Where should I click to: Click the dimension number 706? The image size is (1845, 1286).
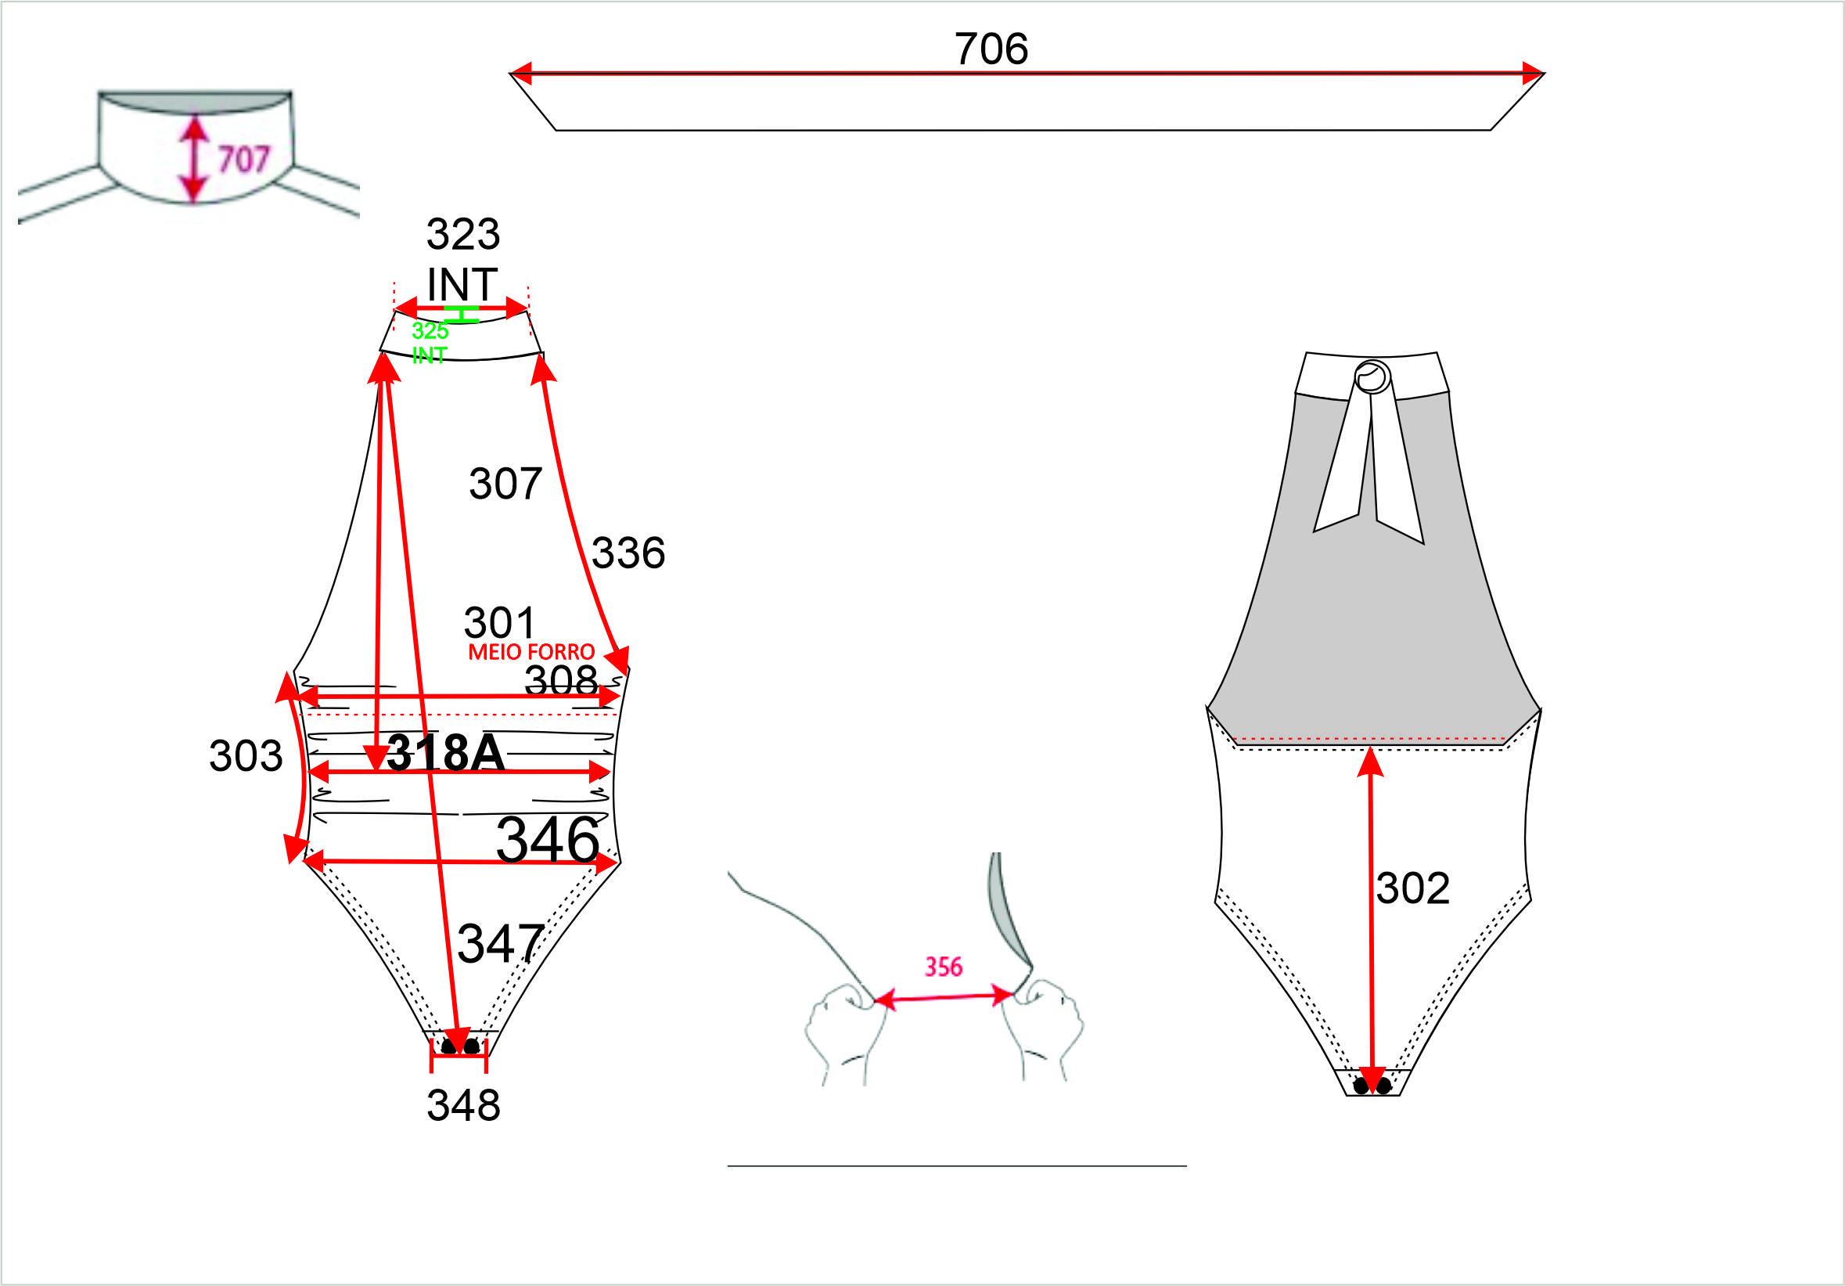[x=991, y=49]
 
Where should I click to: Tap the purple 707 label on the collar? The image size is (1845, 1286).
[x=244, y=159]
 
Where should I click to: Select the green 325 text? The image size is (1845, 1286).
[x=430, y=330]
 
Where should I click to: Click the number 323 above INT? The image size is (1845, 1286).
[x=463, y=235]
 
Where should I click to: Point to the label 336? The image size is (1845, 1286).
[x=628, y=553]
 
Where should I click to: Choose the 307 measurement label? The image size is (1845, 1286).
[x=505, y=484]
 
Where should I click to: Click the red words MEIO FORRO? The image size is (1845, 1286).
[x=531, y=652]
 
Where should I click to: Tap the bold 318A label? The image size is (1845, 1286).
[x=446, y=754]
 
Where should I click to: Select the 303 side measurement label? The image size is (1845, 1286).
[x=246, y=755]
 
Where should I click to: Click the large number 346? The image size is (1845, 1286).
[x=548, y=841]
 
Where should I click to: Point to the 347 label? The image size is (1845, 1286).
[x=501, y=944]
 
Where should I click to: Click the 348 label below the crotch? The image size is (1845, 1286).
[x=464, y=1105]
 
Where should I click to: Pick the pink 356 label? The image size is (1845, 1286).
[x=944, y=967]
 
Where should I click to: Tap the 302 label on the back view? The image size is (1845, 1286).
[x=1412, y=888]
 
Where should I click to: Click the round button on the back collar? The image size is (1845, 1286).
[x=1372, y=376]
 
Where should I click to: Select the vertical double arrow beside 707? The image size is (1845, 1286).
[x=194, y=158]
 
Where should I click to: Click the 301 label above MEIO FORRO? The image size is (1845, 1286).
[x=499, y=623]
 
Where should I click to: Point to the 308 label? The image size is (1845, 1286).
[x=561, y=681]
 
